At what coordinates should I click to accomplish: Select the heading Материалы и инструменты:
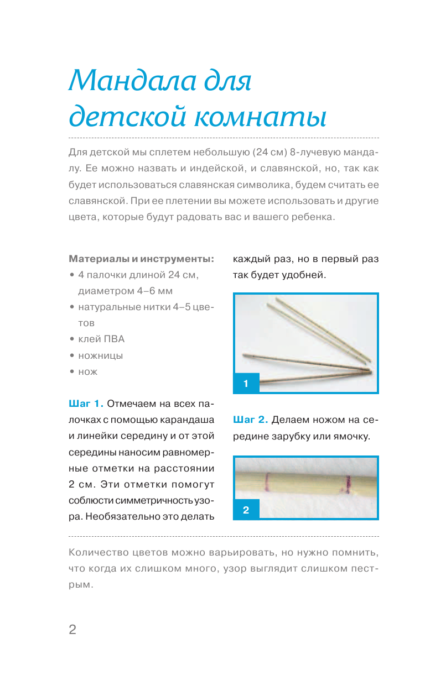point(141,258)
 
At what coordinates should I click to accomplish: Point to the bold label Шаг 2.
point(251,420)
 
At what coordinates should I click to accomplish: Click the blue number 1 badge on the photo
point(246,383)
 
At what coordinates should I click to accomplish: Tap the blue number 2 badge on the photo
point(246,510)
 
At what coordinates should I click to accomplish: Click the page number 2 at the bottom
point(72,630)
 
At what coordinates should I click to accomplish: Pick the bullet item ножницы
point(101,355)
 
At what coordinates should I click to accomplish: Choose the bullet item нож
point(88,372)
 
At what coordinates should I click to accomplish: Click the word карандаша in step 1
point(187,420)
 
